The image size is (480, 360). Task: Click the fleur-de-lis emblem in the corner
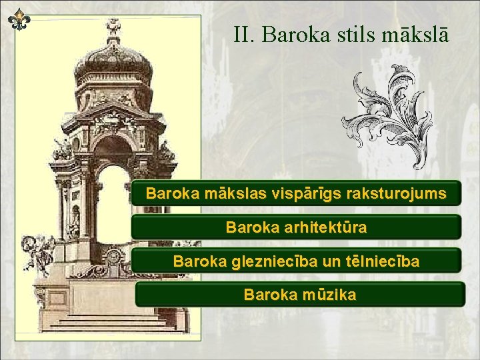[x=19, y=20]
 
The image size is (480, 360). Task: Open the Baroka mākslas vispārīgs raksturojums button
[x=296, y=194]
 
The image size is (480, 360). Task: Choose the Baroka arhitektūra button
[x=296, y=227]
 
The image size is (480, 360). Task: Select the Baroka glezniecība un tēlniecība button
[x=296, y=261]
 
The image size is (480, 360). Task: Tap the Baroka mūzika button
[x=299, y=294]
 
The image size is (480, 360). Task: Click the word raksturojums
[x=400, y=194]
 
